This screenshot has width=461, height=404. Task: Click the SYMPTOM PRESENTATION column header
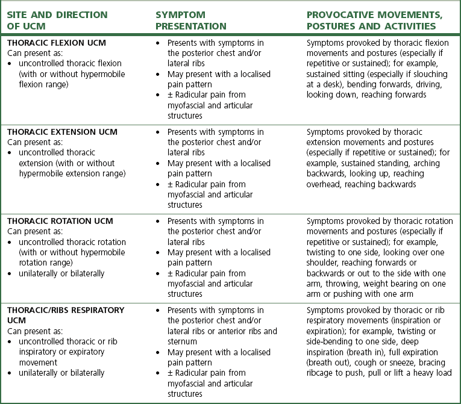pos(190,20)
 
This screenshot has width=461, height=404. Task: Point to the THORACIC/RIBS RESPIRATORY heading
pos(66,310)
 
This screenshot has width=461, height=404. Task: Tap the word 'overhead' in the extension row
pos(325,184)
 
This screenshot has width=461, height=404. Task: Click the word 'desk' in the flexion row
pos(325,84)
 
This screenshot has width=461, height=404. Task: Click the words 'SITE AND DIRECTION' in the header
pos(57,15)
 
